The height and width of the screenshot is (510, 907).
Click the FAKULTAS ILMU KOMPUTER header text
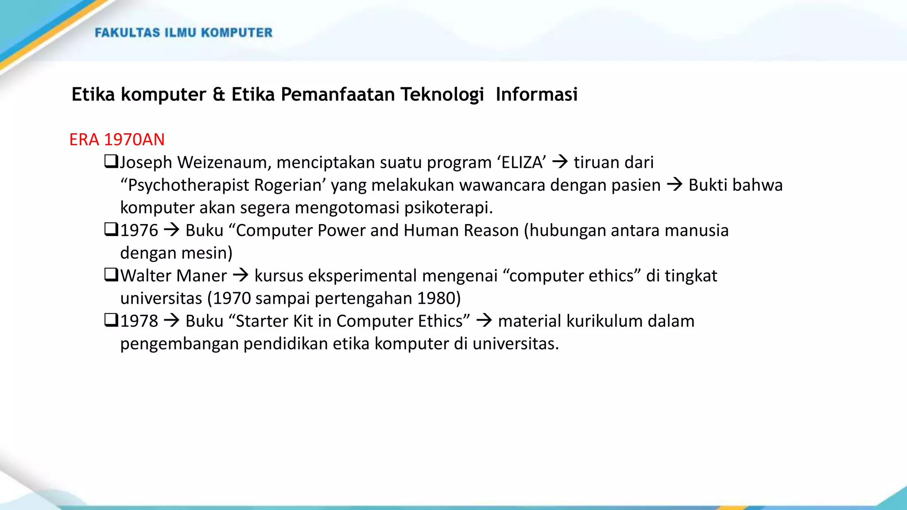pos(183,33)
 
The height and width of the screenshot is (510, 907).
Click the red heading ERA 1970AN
pos(117,139)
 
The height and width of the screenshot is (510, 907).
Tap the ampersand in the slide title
pos(219,94)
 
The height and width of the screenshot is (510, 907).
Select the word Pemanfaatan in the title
pos(337,94)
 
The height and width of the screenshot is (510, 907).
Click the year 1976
pos(139,230)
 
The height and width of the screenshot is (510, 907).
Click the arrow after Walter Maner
pos(240,275)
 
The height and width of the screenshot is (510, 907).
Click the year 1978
pos(139,321)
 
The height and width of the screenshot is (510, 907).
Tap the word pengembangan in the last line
pos(179,344)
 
